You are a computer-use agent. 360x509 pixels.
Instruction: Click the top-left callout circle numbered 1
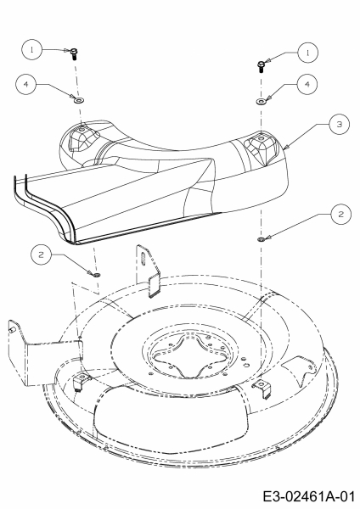click(32, 50)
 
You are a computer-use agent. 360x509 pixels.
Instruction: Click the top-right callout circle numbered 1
click(307, 53)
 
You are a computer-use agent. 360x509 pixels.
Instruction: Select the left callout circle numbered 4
click(25, 84)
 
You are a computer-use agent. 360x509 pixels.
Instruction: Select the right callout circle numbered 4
click(307, 84)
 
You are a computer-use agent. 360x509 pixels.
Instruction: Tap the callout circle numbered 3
click(340, 124)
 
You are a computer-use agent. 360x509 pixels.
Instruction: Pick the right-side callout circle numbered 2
click(340, 215)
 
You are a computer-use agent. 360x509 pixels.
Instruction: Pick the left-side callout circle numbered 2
click(41, 255)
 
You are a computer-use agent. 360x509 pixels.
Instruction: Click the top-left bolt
click(74, 53)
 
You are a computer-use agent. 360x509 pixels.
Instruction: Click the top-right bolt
click(261, 66)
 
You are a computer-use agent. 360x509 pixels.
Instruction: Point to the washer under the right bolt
click(261, 102)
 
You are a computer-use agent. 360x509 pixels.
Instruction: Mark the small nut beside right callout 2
click(262, 239)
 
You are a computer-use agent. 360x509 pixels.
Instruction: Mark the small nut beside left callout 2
click(97, 275)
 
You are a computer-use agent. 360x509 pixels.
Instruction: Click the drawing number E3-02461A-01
click(308, 496)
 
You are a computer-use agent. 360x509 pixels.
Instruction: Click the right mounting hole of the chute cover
click(262, 137)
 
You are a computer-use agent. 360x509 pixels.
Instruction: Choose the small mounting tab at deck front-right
click(262, 388)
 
